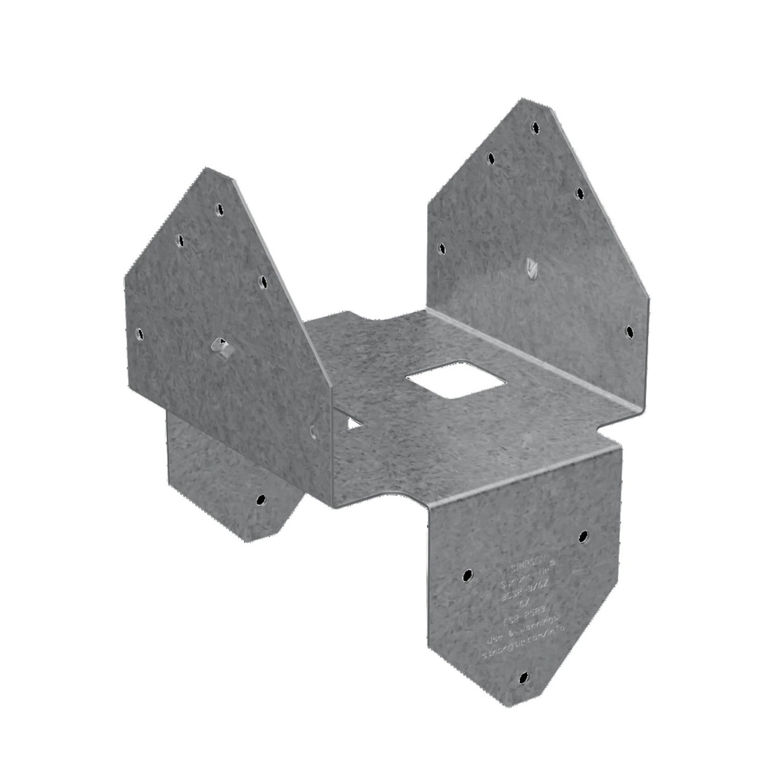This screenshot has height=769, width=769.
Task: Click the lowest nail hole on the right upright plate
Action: point(629,331)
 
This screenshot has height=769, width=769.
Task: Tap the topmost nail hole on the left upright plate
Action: point(219,207)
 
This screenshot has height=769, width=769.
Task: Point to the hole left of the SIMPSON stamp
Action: point(466,576)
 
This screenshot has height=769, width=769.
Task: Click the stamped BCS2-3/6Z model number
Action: point(514,589)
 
